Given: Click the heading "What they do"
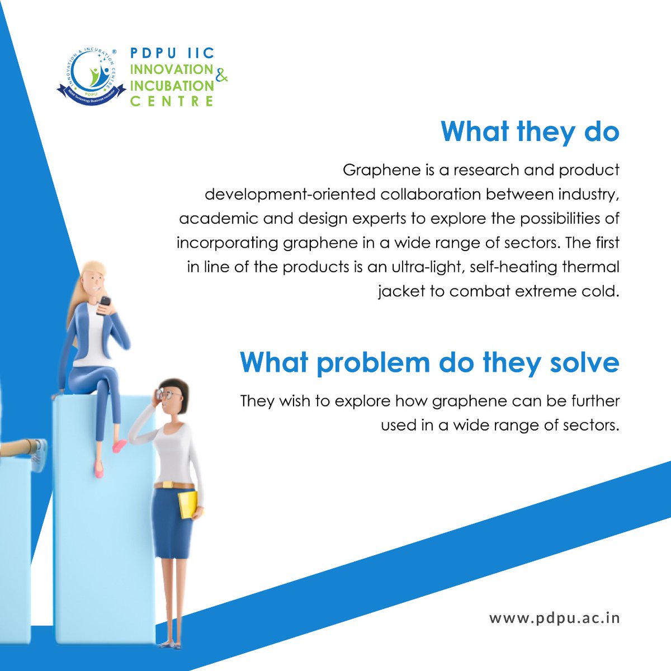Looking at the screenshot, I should pos(530,132).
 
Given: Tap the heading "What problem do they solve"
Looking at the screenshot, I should pos(429,363).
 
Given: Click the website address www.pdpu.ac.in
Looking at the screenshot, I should pos(554,618).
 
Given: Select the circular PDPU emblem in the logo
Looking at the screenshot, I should pos(91,75).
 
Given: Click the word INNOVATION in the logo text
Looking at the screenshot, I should pos(172,69).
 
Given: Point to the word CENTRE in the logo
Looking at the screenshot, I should pos(172,101).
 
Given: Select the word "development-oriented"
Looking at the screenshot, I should pos(290,195).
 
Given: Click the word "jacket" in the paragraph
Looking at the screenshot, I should pos(401,291).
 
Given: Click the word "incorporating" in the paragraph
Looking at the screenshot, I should pos(227,243).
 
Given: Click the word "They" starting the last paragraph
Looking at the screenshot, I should pos(257,401).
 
